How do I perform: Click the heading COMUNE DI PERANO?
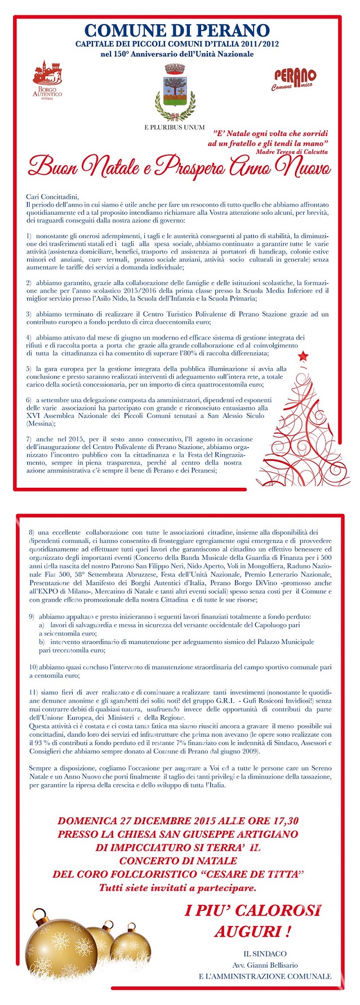click(177, 30)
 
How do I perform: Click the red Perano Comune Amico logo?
click(294, 79)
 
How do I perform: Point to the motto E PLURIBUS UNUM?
click(174, 127)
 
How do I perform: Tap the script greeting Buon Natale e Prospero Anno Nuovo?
click(180, 167)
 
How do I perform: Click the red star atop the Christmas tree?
click(303, 355)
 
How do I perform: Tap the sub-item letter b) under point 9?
click(42, 642)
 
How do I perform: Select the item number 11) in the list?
click(33, 691)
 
